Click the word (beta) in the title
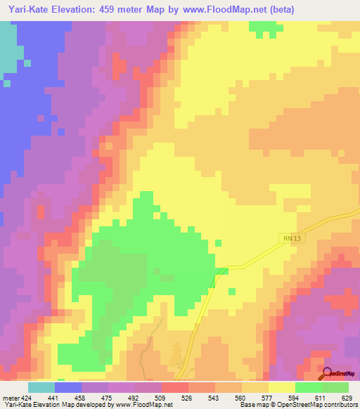280,10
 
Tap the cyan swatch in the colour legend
41,387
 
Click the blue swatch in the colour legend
68,387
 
